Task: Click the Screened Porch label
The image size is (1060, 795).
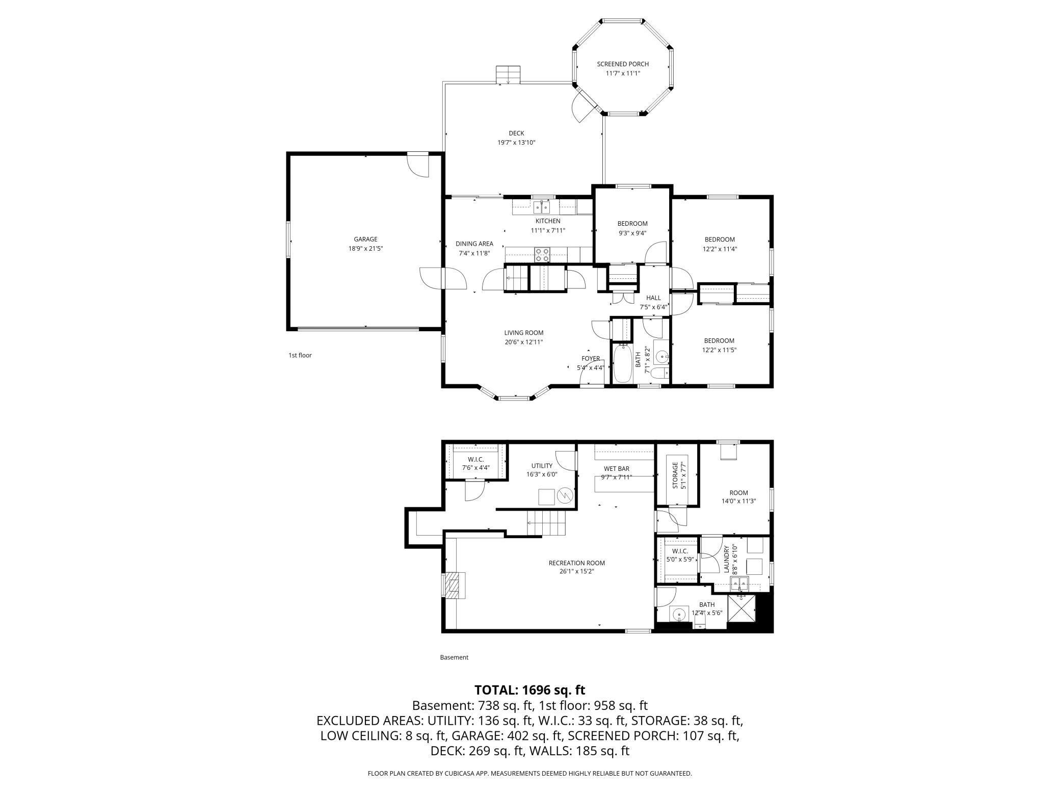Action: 623,64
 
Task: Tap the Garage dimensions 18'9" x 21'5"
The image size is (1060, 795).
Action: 366,249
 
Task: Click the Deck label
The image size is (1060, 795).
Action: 516,134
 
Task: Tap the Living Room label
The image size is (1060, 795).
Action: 524,333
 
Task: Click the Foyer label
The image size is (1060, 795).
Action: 591,358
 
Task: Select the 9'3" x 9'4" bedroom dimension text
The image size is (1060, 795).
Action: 632,233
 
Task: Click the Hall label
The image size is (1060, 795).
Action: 653,298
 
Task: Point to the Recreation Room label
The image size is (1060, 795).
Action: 577,563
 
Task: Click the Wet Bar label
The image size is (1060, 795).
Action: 617,469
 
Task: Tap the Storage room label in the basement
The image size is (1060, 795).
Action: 676,475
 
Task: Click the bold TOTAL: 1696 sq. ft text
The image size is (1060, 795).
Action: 530,690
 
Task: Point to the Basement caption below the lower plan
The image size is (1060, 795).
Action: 454,657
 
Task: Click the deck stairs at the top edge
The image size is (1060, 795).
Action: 151,74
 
